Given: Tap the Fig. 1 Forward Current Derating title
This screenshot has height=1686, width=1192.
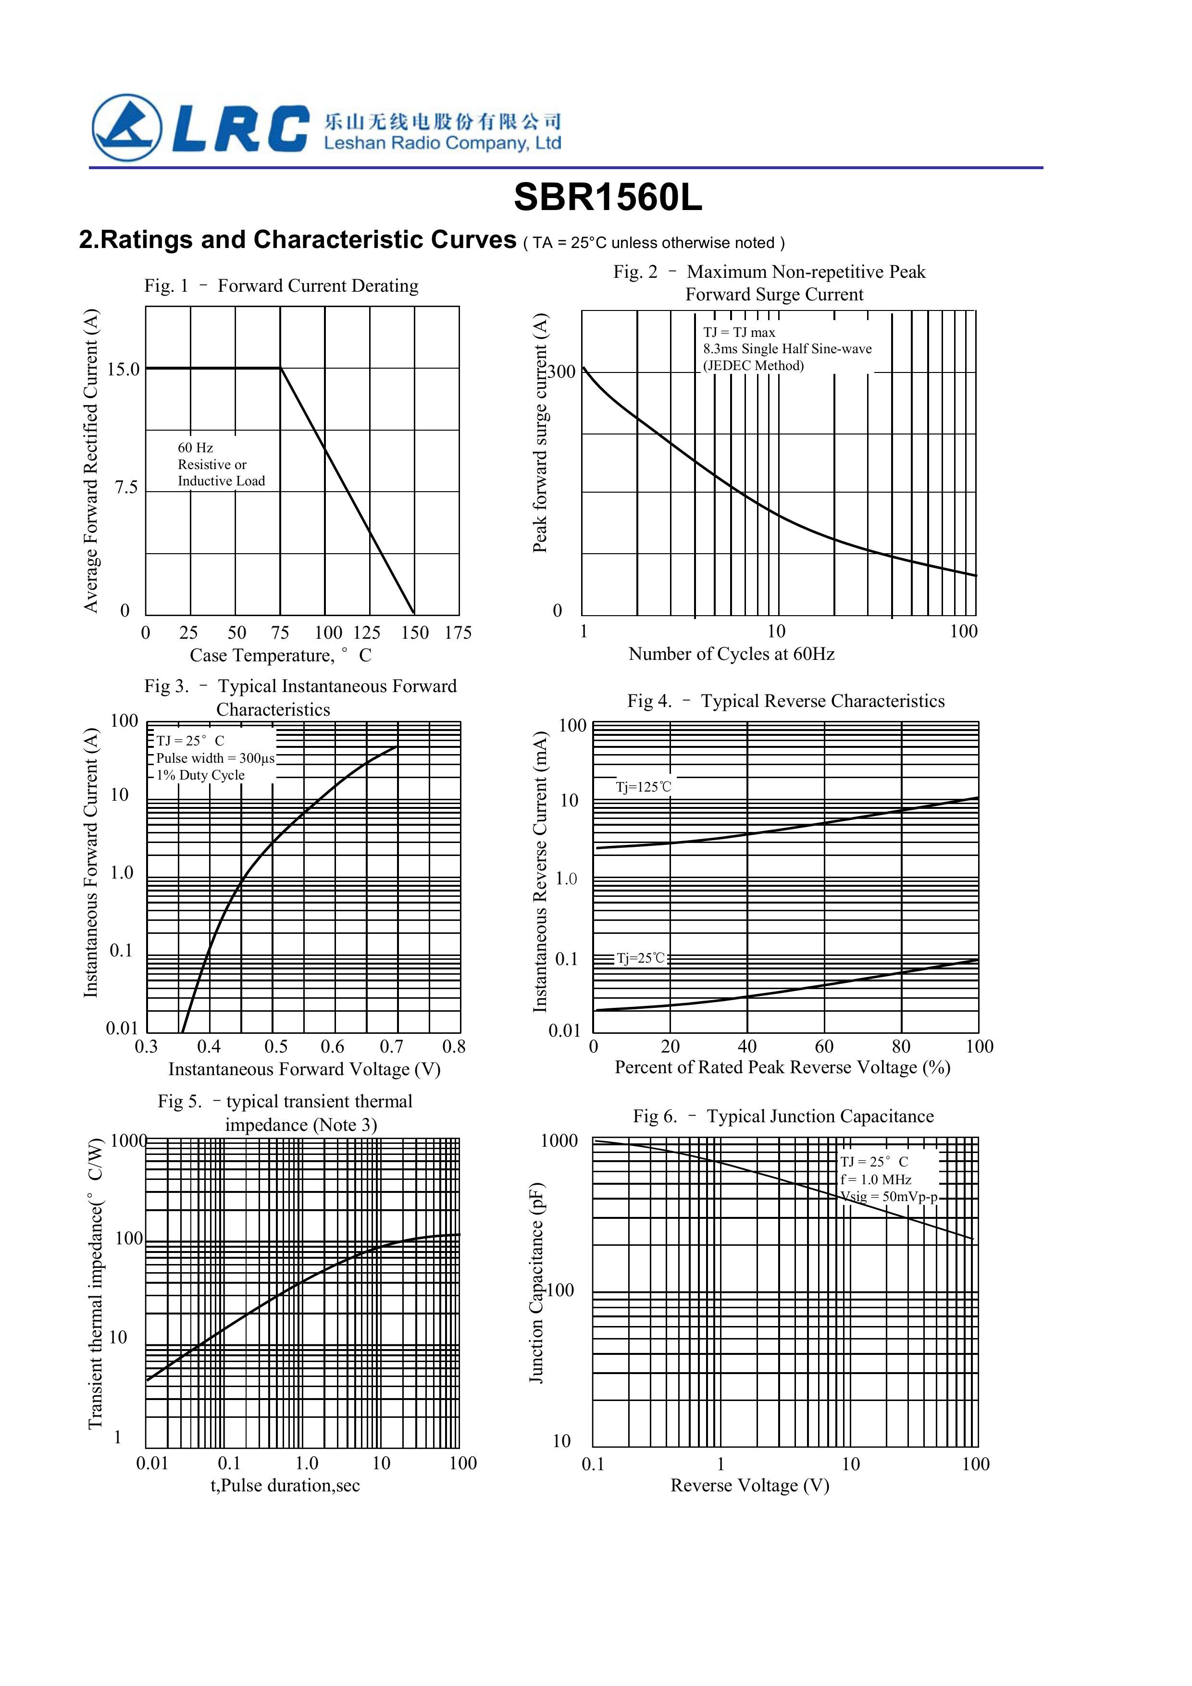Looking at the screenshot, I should [x=281, y=285].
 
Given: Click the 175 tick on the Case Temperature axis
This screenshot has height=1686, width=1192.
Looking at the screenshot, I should [x=458, y=633].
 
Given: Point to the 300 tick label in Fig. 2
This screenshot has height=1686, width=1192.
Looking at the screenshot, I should [x=562, y=372].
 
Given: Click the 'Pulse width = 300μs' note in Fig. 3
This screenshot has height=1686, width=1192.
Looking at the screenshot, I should [x=215, y=758].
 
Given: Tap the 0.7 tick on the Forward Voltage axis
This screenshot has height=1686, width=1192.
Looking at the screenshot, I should [x=391, y=1046].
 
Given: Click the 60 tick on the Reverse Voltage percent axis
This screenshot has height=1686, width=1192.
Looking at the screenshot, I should [x=824, y=1046].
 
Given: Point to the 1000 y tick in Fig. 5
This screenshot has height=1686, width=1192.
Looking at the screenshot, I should [x=128, y=1141].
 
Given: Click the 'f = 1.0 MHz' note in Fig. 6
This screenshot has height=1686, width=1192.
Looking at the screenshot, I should [x=875, y=1180].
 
